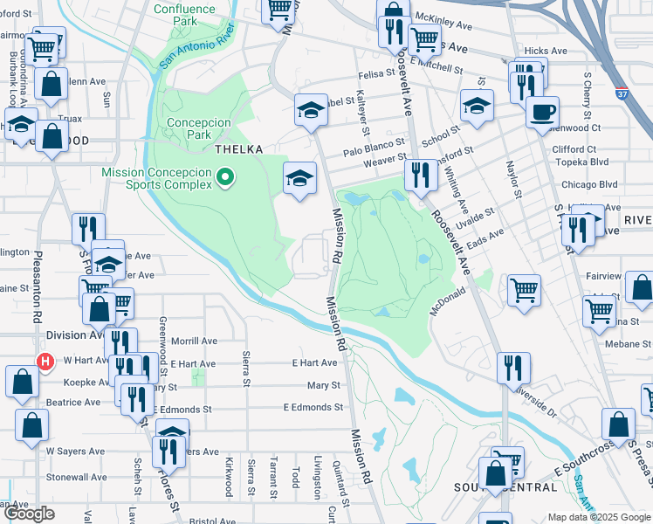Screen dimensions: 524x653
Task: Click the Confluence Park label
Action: [x=184, y=15]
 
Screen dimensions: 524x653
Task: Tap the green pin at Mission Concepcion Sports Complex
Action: [x=225, y=178]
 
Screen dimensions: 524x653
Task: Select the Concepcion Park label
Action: [x=201, y=129]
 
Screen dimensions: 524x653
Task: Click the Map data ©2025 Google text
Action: [x=598, y=517]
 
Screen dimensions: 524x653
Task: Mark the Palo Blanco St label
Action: [x=374, y=141]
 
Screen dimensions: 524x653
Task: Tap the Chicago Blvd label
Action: [x=589, y=185]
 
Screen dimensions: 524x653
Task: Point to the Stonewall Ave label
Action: [x=76, y=478]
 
